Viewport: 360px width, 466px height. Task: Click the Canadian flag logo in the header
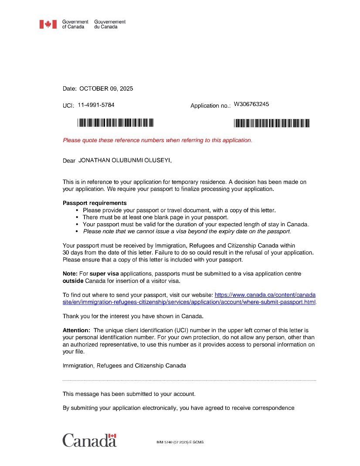click(48, 24)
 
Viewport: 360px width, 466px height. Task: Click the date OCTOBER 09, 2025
click(106, 88)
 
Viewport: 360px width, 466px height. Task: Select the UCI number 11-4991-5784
click(96, 105)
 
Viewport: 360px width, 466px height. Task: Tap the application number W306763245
click(251, 104)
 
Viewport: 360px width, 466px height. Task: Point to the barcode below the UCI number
click(115, 123)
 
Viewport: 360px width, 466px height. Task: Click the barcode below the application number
click(272, 123)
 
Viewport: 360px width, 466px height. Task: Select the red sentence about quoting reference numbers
click(157, 140)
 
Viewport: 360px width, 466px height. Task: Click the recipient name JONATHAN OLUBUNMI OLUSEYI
click(125, 160)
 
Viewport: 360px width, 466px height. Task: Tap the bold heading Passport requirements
click(95, 203)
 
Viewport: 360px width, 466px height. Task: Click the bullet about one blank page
click(155, 217)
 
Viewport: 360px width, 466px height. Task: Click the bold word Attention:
click(77, 330)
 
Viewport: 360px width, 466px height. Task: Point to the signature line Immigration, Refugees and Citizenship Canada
click(124, 366)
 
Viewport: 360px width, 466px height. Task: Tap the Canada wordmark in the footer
click(89, 440)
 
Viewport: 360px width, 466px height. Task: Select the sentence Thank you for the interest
click(133, 316)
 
